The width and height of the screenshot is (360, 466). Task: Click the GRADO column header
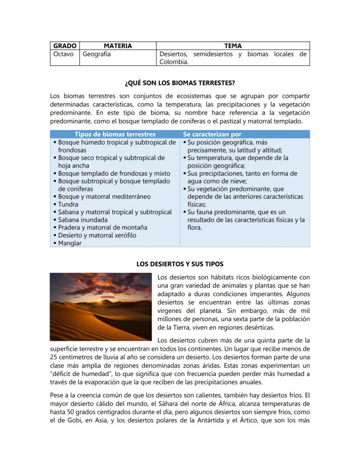point(65,46)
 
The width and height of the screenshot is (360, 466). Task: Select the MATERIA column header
point(117,46)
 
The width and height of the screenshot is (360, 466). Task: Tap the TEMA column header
point(233,46)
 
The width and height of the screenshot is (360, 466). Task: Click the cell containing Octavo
point(63,54)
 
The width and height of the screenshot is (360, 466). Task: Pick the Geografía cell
point(97,54)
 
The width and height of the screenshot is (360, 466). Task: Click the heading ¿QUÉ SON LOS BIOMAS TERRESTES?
point(180,83)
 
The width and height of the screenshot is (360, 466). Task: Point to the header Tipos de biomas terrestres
point(115,134)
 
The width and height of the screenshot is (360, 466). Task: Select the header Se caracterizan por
point(212,134)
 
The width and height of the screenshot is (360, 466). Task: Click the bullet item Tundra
point(68,204)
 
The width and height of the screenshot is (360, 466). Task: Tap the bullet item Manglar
point(70,243)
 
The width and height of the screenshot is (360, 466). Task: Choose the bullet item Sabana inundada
point(83,220)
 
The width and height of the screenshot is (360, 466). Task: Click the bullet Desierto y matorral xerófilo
point(97,235)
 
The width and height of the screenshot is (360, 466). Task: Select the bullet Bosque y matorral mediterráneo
point(104,197)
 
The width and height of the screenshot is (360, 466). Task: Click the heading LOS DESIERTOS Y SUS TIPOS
point(180,264)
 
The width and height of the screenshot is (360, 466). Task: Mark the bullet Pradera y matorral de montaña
point(103,228)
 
